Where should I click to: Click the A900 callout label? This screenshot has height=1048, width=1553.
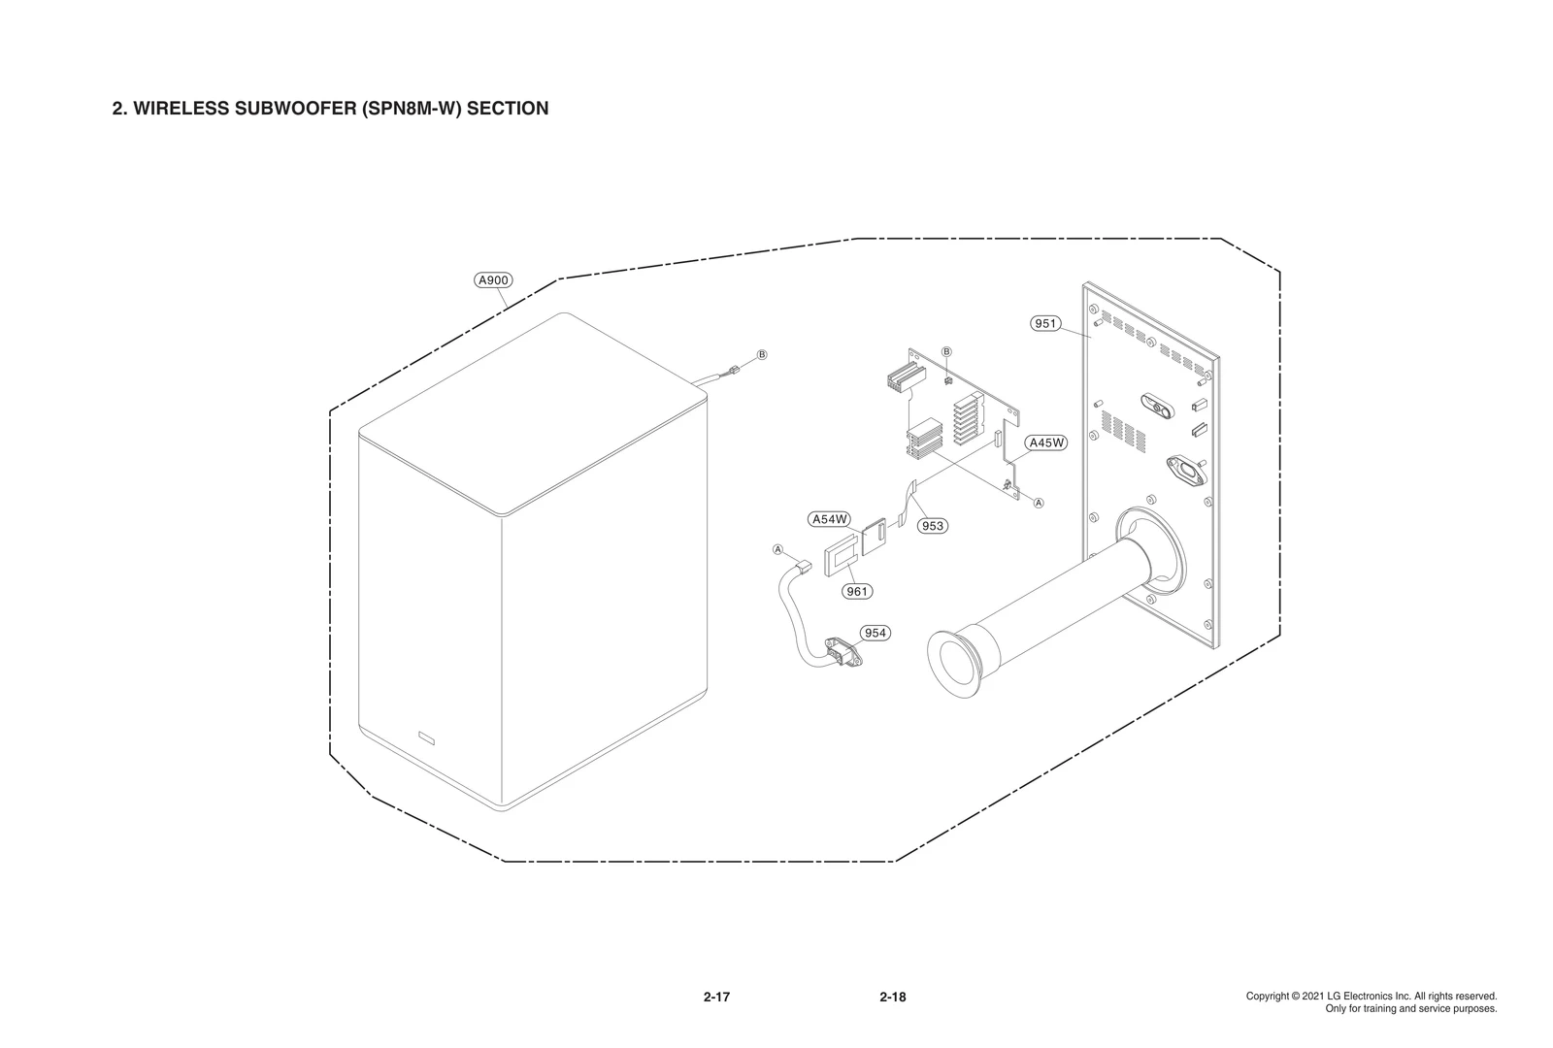[493, 280]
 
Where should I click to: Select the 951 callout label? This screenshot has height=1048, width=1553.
[1045, 323]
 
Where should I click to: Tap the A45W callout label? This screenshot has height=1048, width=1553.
[1047, 442]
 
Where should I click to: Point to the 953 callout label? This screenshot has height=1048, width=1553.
[932, 526]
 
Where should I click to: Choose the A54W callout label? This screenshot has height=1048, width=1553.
[830, 519]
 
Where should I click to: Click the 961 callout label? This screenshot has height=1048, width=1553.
[857, 591]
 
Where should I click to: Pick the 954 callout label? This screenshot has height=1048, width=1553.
[876, 633]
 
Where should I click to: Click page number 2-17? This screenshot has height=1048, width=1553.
[716, 997]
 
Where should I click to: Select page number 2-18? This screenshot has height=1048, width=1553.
[892, 997]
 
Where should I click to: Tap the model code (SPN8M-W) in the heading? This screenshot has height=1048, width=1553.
[412, 109]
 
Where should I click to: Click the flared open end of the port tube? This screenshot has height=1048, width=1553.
[956, 664]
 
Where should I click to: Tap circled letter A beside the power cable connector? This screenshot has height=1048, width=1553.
[777, 549]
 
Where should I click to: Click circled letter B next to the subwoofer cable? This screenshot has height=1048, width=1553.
[762, 354]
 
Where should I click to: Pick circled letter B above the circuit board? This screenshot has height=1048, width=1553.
[947, 350]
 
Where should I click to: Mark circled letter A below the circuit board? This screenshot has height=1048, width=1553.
[1039, 503]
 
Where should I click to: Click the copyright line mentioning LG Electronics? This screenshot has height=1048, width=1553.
[1371, 997]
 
